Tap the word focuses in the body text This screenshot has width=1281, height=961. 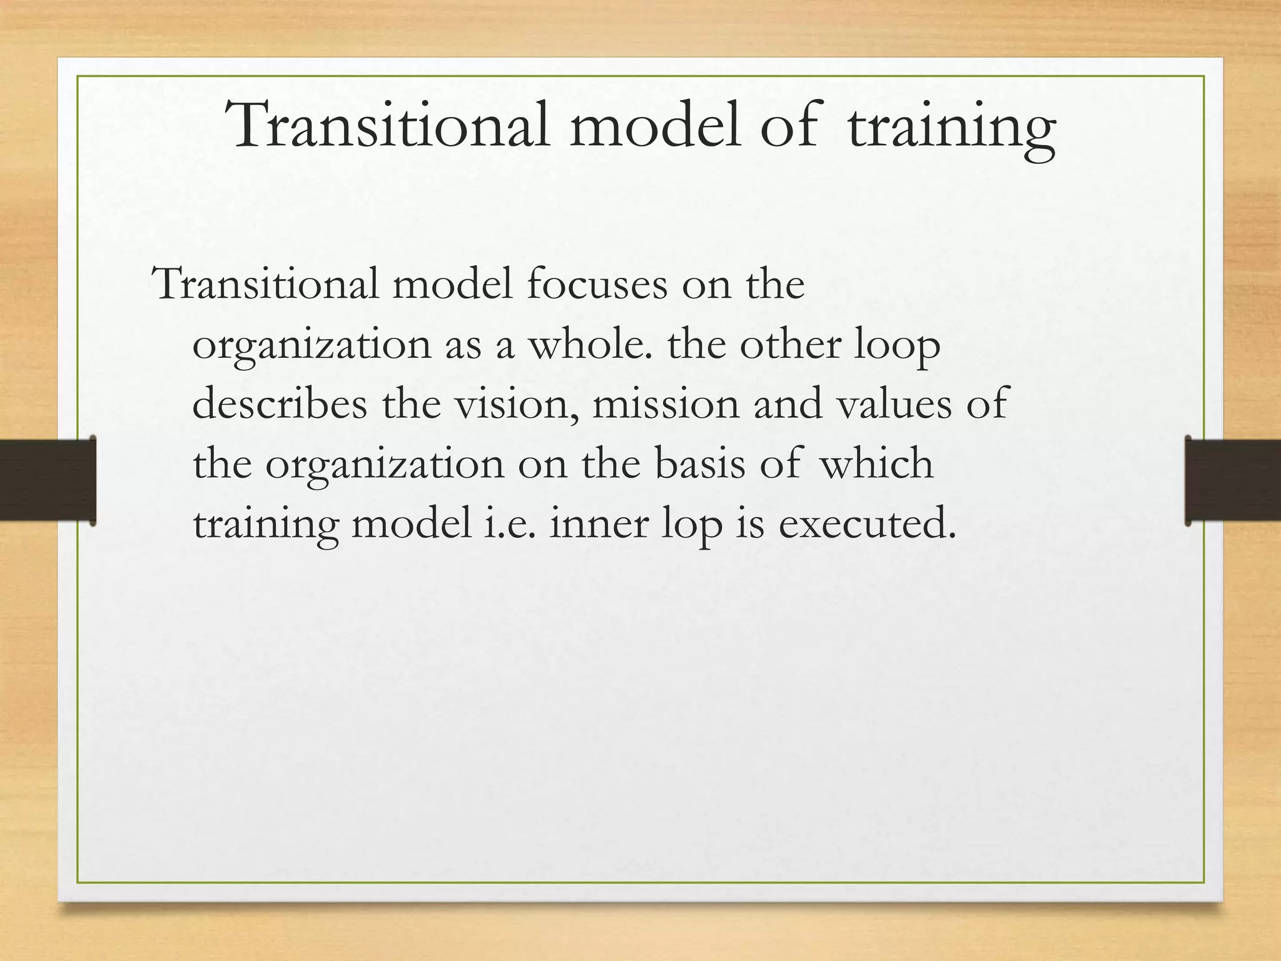point(597,285)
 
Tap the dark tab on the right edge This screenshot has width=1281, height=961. point(1232,480)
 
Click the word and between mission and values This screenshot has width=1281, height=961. point(788,404)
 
